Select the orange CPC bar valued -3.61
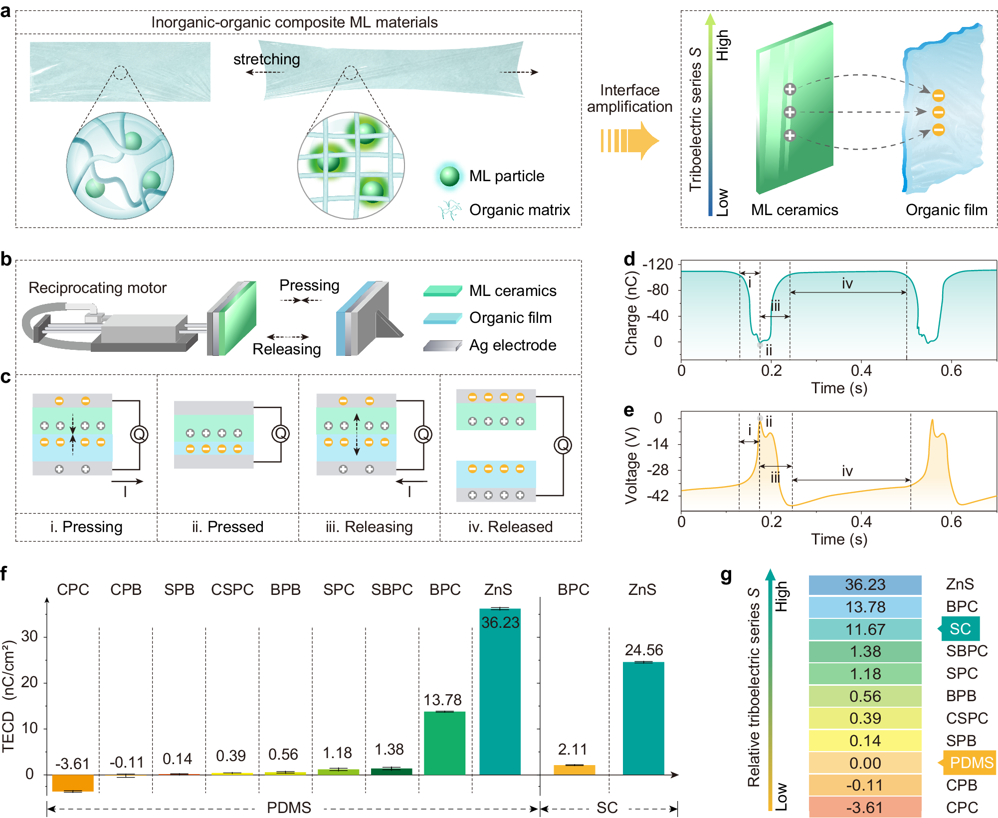pyautogui.click(x=73, y=783)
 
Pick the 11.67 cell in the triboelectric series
pyautogui.click(x=865, y=629)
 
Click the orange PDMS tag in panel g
pyautogui.click(x=970, y=763)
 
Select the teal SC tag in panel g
pyautogui.click(x=960, y=629)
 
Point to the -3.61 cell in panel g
pyautogui.click(x=865, y=807)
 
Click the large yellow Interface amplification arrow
pyautogui.click(x=629, y=141)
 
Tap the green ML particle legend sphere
pyautogui.click(x=449, y=176)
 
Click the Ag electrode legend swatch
pyautogui.click(x=442, y=345)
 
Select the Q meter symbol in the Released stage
pyautogui.click(x=563, y=445)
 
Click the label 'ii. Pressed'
pyautogui.click(x=227, y=527)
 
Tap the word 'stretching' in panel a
pyautogui.click(x=267, y=59)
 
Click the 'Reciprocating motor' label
pyautogui.click(x=97, y=288)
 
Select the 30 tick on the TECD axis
pyautogui.click(x=30, y=636)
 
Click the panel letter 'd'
pyautogui.click(x=629, y=260)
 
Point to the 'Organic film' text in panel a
pyautogui.click(x=946, y=210)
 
